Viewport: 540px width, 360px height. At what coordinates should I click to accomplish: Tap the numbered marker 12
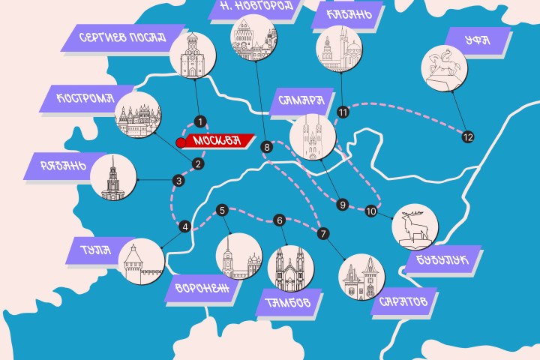468,137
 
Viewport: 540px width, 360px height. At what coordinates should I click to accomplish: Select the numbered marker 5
222,210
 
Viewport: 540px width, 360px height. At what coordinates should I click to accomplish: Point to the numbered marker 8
266,148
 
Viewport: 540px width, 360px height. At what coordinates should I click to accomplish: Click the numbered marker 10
370,212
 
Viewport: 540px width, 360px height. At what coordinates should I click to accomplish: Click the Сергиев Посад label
122,37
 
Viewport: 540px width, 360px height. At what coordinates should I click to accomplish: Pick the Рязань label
55,166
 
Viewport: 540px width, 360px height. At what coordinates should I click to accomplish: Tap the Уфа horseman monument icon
444,67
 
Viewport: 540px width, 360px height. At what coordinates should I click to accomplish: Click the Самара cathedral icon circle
313,136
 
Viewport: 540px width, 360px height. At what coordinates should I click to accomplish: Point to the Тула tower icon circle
141,262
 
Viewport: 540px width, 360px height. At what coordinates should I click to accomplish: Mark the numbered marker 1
200,121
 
